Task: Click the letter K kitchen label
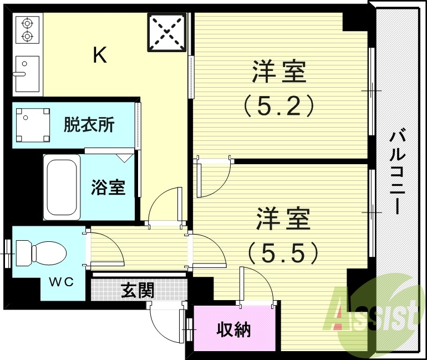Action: pyautogui.click(x=100, y=55)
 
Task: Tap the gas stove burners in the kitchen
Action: pyautogui.click(x=26, y=30)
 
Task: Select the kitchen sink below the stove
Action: pyautogui.click(x=27, y=73)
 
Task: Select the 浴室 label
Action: pyautogui.click(x=108, y=187)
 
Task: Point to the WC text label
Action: pyautogui.click(x=60, y=282)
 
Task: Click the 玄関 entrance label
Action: pyautogui.click(x=138, y=289)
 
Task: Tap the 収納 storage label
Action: pyautogui.click(x=233, y=329)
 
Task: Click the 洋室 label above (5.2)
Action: pyautogui.click(x=279, y=73)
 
